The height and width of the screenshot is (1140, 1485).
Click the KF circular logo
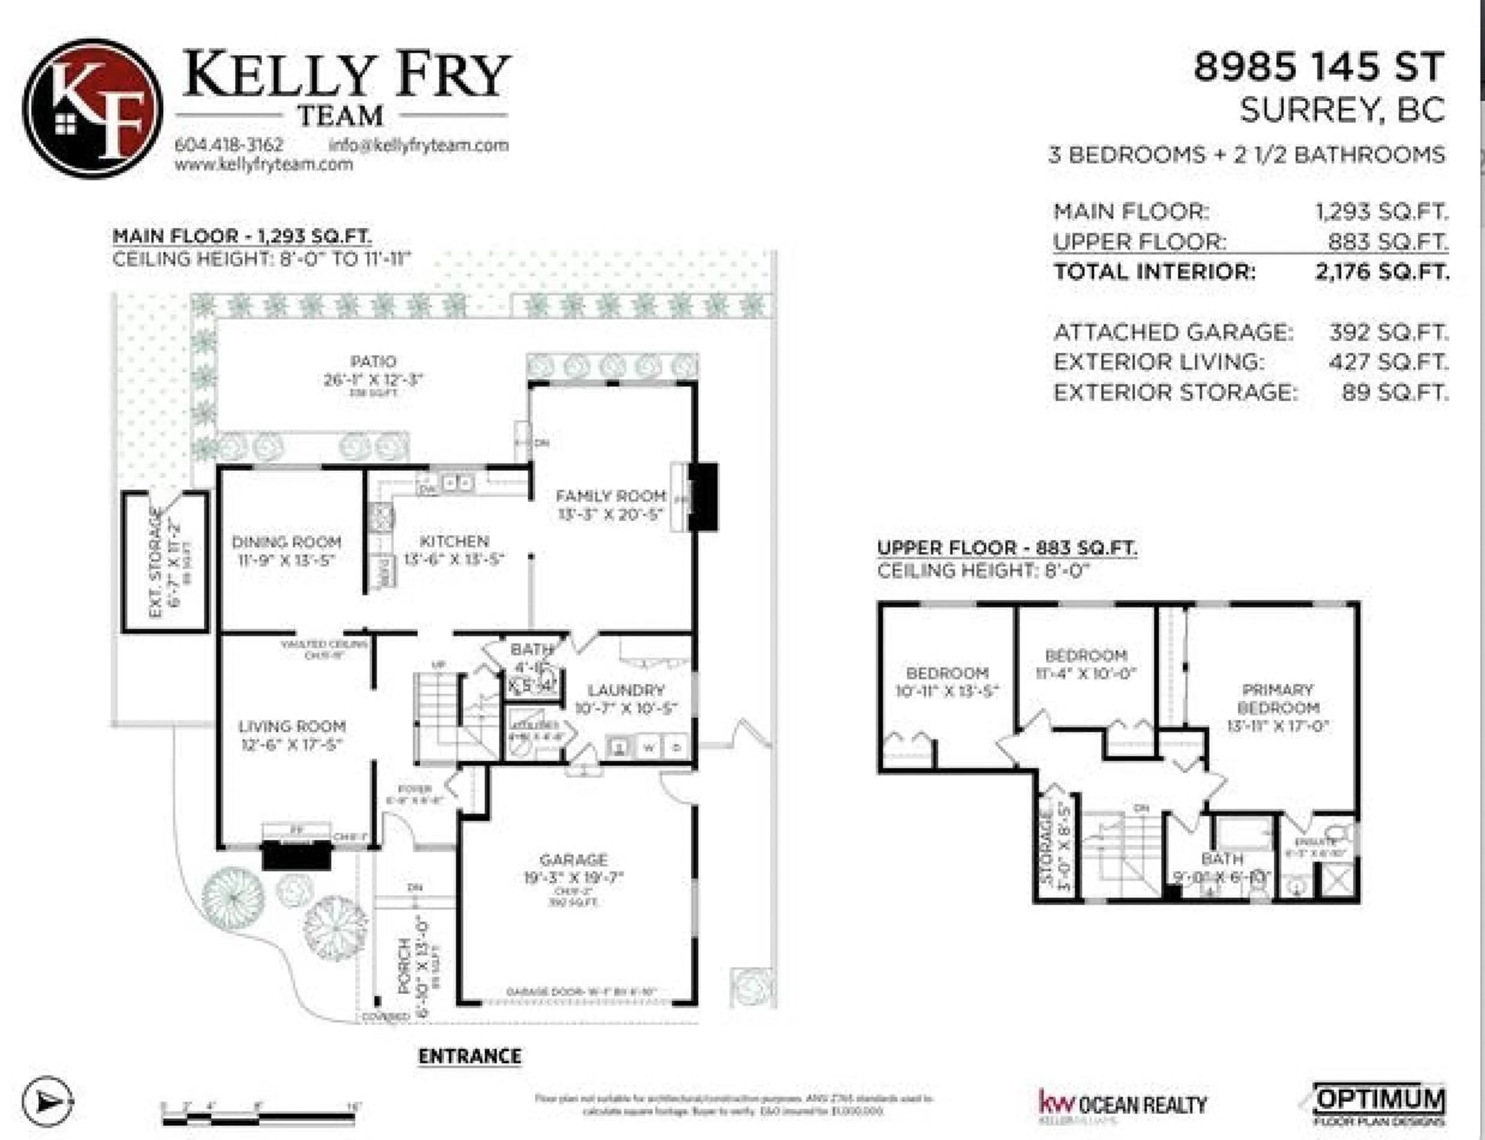click(92, 109)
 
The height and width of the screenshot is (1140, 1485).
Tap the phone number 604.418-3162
click(229, 145)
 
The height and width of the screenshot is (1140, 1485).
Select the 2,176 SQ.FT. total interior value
click(1381, 272)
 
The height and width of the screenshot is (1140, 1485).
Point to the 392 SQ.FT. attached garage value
click(1388, 333)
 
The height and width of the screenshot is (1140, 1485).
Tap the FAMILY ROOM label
click(611, 496)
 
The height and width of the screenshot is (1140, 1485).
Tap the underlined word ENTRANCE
click(469, 1056)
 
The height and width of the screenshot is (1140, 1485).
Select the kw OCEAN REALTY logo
click(1123, 1104)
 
